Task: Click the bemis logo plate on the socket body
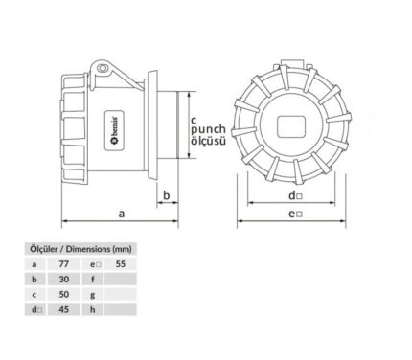coord(114,130)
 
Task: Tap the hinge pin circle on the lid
coord(103,68)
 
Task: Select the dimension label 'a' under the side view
coord(121,214)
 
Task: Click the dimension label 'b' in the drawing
coord(166,195)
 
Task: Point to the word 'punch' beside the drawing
coord(208,130)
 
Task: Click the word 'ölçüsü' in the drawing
coord(208,141)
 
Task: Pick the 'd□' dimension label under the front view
coord(295,195)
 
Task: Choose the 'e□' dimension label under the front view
coord(295,214)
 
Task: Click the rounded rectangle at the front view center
coord(291,126)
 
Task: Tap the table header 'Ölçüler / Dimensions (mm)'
coord(80,249)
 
